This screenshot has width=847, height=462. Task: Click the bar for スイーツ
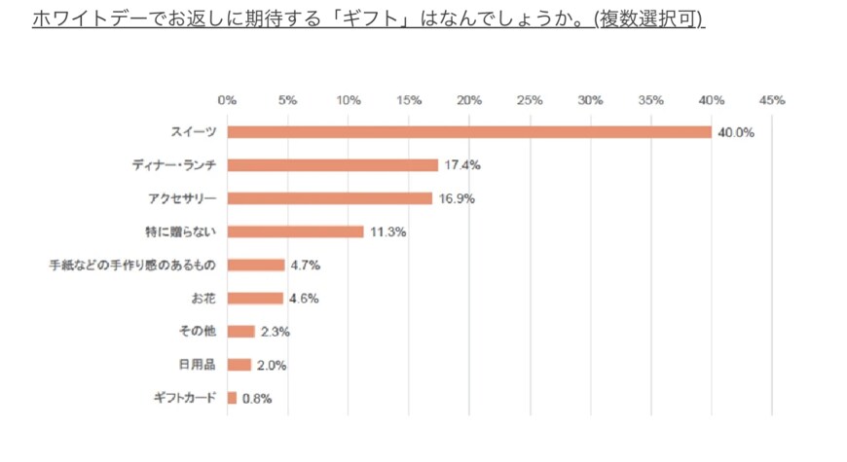coord(469,132)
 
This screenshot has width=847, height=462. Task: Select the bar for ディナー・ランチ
coord(332,165)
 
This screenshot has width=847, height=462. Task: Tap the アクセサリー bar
coord(329,198)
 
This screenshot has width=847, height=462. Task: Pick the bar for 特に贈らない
coord(295,231)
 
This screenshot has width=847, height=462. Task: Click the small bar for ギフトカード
coord(232,398)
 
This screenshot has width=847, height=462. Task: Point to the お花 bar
coord(255,299)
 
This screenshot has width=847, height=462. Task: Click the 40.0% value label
coord(736,132)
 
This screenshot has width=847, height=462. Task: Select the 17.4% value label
coord(462,165)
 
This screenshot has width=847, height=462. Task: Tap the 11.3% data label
coord(387,231)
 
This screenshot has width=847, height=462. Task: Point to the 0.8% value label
coord(258,398)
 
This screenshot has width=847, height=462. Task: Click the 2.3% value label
coord(276,332)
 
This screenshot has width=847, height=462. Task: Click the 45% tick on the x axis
coord(772,100)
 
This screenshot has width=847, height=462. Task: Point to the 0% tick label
coord(227,100)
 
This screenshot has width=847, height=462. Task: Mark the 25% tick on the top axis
coord(530,100)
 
